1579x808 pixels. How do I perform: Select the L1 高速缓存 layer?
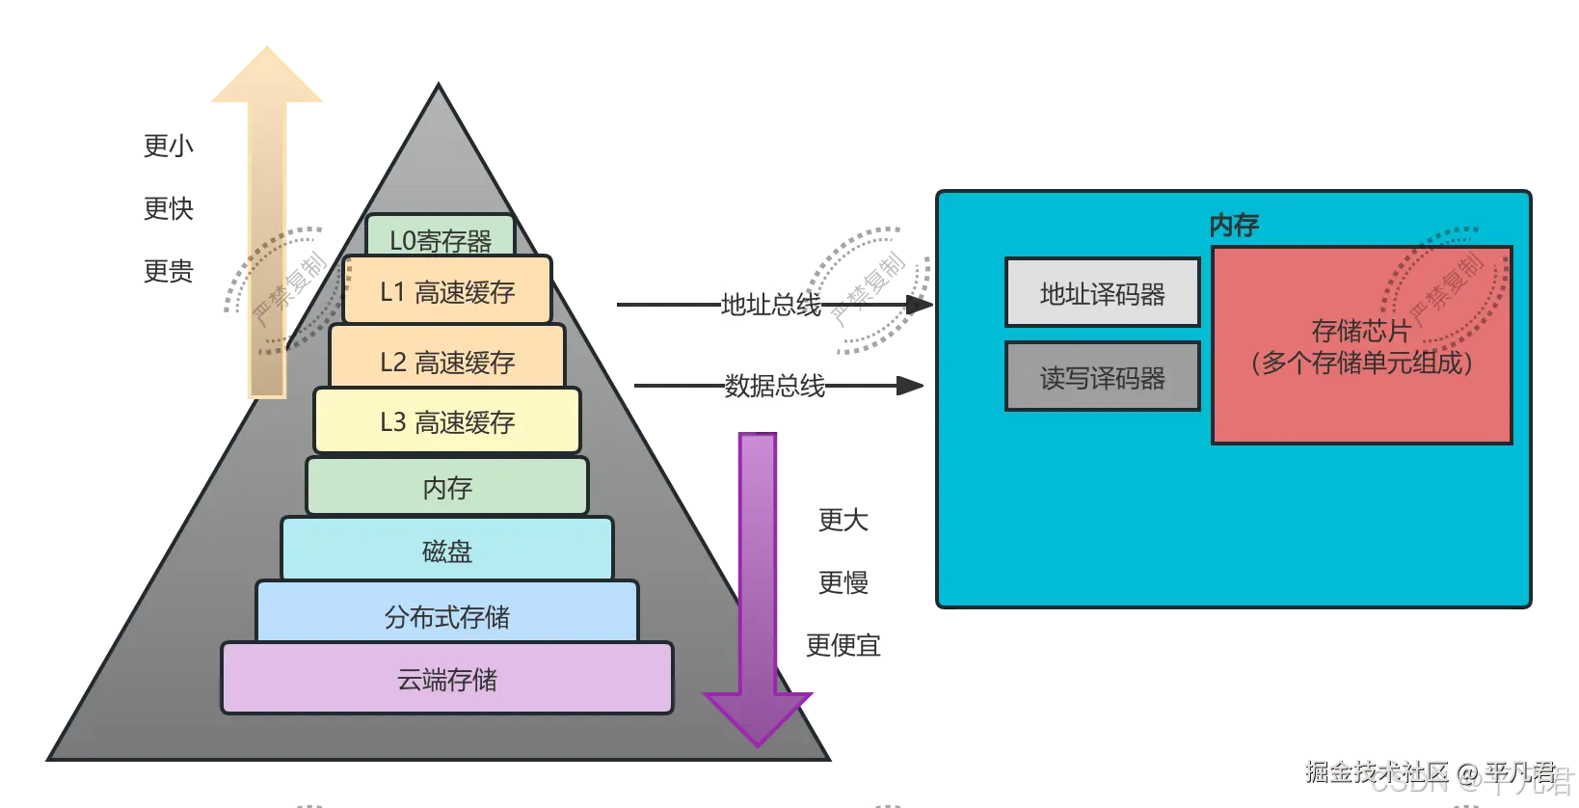(447, 291)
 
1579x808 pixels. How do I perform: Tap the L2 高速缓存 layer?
(447, 361)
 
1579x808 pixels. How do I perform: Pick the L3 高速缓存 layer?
(447, 421)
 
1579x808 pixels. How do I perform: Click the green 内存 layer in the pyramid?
(447, 487)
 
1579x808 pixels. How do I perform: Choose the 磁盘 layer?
(447, 551)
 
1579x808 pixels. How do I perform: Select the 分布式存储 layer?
(447, 615)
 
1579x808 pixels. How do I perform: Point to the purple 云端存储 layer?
(447, 679)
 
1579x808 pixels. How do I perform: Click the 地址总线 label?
(770, 305)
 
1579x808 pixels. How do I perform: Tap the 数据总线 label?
(774, 386)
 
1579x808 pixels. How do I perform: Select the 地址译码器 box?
(1102, 293)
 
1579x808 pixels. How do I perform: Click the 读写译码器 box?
(1102, 377)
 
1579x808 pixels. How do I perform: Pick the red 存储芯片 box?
(1361, 386)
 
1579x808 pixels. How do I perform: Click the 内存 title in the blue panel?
(1234, 225)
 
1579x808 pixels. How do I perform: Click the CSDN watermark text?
(1408, 782)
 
